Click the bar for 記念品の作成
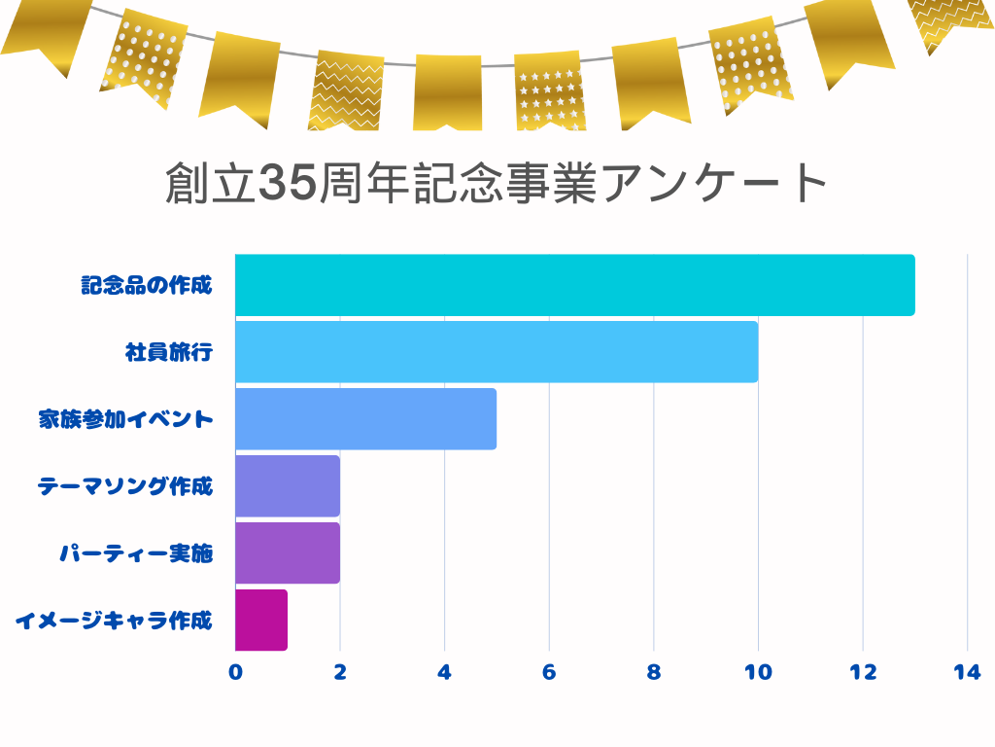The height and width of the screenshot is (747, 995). tap(574, 285)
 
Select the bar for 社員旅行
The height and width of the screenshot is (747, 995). tap(496, 352)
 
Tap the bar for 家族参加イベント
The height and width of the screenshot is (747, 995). tap(365, 419)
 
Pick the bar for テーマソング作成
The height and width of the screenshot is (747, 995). tap(288, 486)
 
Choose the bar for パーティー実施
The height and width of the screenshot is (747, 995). tap(288, 552)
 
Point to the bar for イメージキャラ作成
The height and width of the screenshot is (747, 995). tap(261, 620)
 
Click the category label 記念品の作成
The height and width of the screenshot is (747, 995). tap(146, 286)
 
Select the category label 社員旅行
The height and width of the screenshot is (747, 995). tap(168, 352)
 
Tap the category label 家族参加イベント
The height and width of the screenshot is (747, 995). tap(125, 419)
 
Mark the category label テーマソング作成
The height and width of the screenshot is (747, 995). tap(125, 486)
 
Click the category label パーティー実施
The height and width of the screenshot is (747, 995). tap(136, 553)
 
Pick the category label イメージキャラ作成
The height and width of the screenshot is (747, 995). tap(115, 620)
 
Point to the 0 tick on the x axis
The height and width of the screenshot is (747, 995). tap(235, 672)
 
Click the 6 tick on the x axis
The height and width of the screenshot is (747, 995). tap(549, 672)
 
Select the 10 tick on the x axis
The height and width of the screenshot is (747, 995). tap(758, 672)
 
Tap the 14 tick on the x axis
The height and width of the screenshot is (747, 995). tap(967, 672)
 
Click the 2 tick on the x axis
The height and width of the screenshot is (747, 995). tap(340, 672)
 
